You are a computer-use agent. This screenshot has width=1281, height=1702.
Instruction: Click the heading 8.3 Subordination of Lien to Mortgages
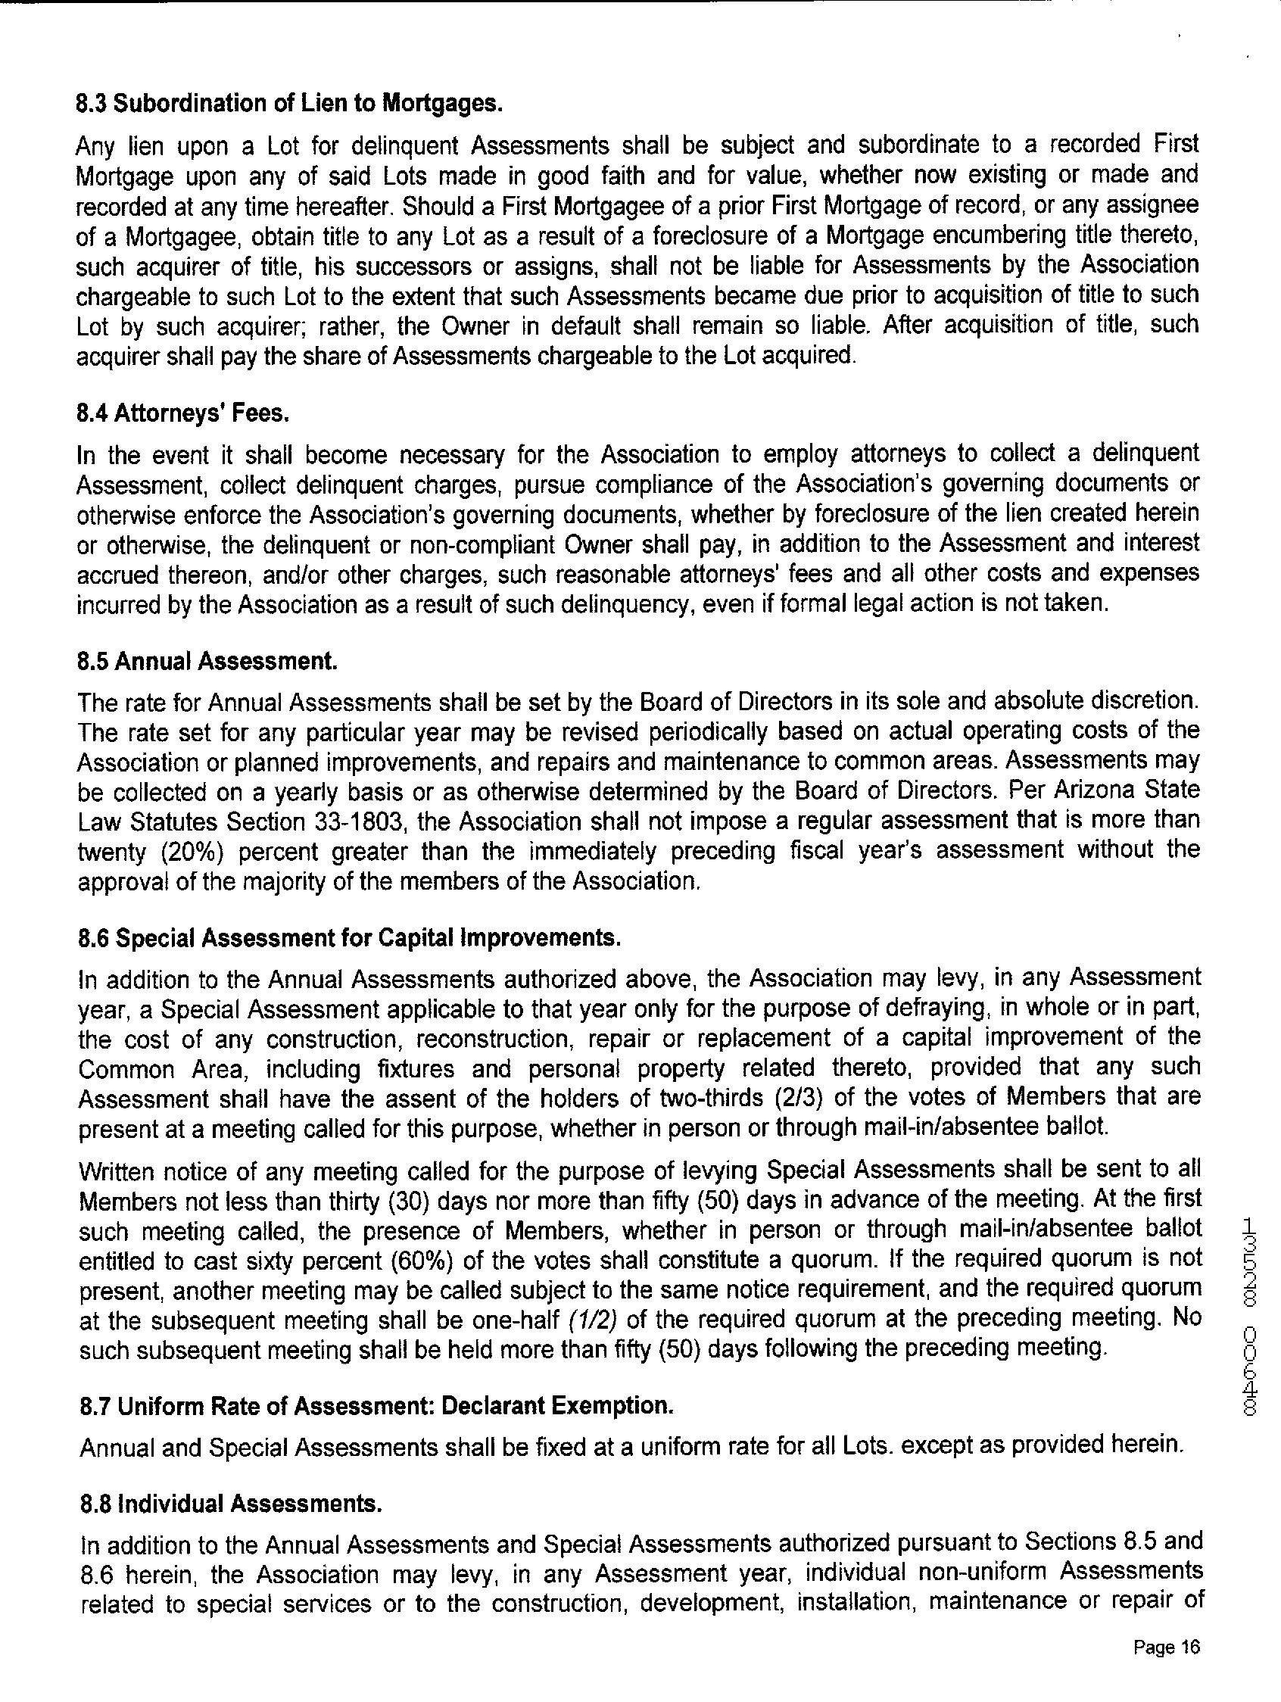289,104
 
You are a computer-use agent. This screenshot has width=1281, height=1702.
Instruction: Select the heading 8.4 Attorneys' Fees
183,414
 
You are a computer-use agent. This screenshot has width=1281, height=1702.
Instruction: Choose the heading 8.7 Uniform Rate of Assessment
377,1406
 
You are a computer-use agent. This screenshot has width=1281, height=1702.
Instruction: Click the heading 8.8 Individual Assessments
231,1502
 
